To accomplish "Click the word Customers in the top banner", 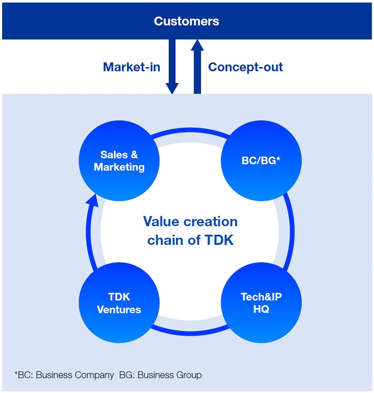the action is pos(187,21).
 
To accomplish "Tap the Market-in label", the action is pos(131,67).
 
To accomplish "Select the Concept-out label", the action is pos(246,67).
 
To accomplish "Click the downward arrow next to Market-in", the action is pos(172,67).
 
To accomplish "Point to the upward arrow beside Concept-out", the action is pos(197,67).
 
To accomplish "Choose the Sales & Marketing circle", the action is pos(119,161).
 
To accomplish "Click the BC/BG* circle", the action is pos(261,161).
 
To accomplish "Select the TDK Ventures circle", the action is pos(119,303).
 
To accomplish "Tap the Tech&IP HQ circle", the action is pos(261,303).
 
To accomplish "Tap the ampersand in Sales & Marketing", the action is pos(134,154).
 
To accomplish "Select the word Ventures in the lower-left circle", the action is pos(119,309).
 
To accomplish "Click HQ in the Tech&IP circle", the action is pos(261,309).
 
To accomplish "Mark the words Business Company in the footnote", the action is pos(75,375).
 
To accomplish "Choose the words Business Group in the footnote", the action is pos(170,375).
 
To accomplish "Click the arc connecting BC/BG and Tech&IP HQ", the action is pos(292,232).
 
